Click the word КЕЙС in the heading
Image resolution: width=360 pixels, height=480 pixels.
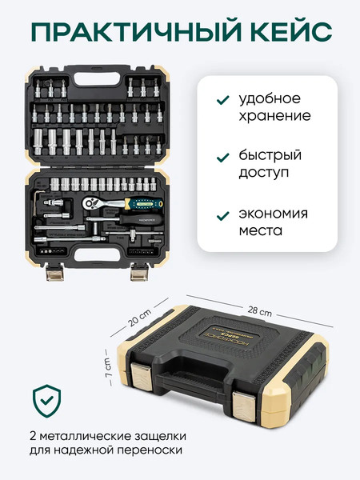pos(281,33)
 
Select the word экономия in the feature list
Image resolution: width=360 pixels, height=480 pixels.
pos(274,214)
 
